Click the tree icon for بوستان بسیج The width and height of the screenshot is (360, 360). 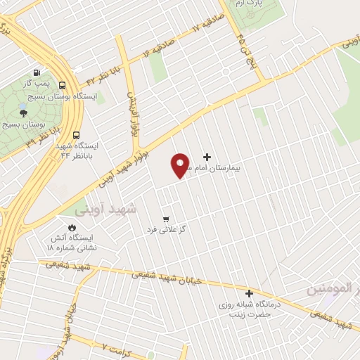coord(23,112)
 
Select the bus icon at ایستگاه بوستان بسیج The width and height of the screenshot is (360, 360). coord(63,82)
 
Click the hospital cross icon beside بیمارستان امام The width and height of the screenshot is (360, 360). coord(206,157)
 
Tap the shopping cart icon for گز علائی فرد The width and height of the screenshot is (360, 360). coord(165,219)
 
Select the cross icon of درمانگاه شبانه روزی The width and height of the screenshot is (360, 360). coord(249,293)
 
